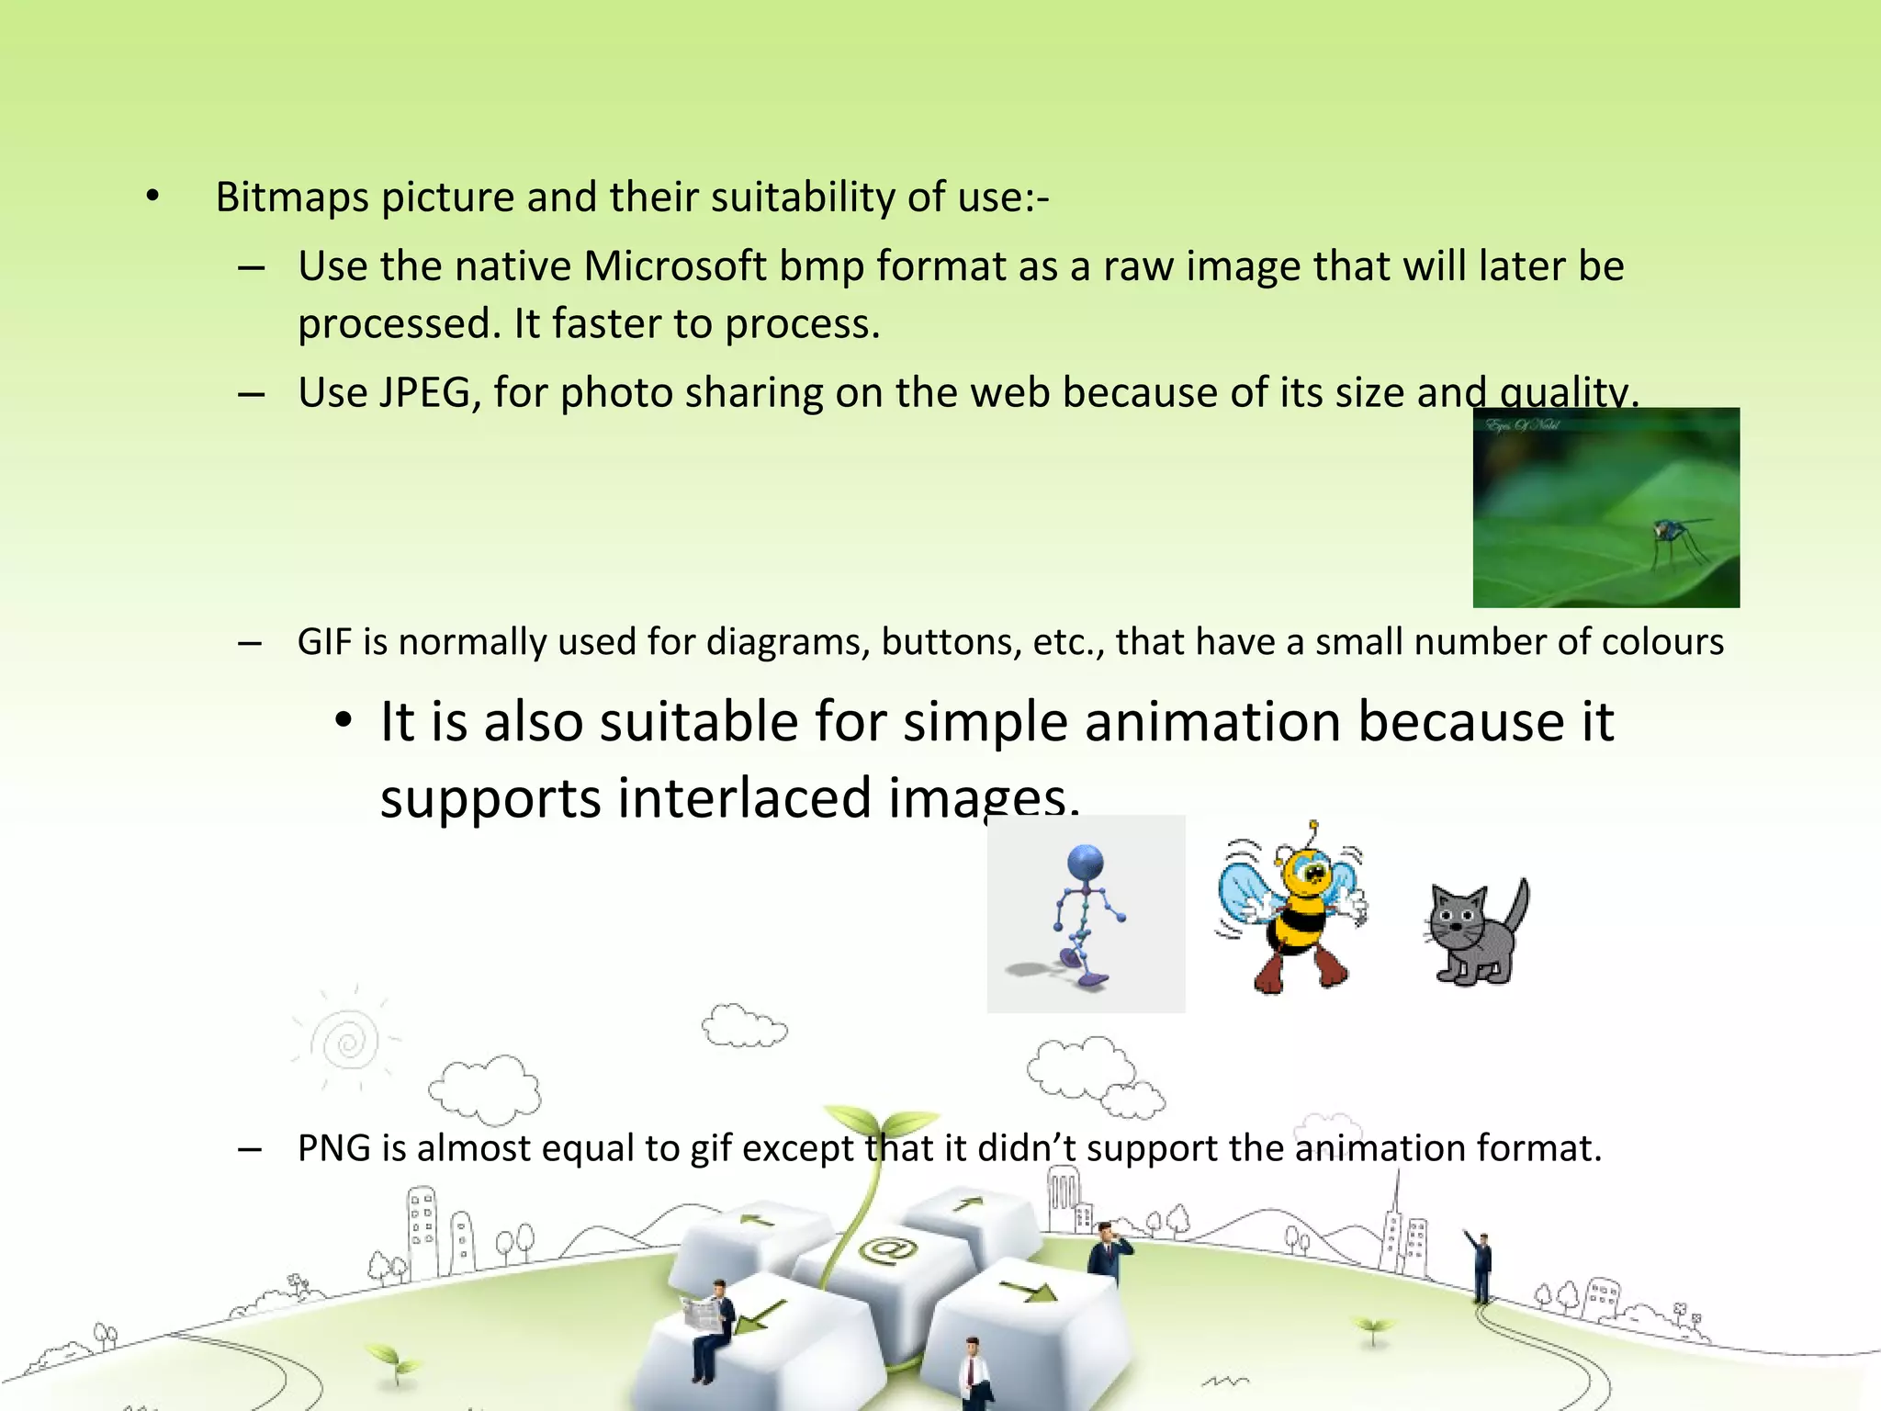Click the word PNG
tap(333, 1148)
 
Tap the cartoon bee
tap(1293, 909)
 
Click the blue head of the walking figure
tap(1086, 864)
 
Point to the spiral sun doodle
tap(346, 1042)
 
